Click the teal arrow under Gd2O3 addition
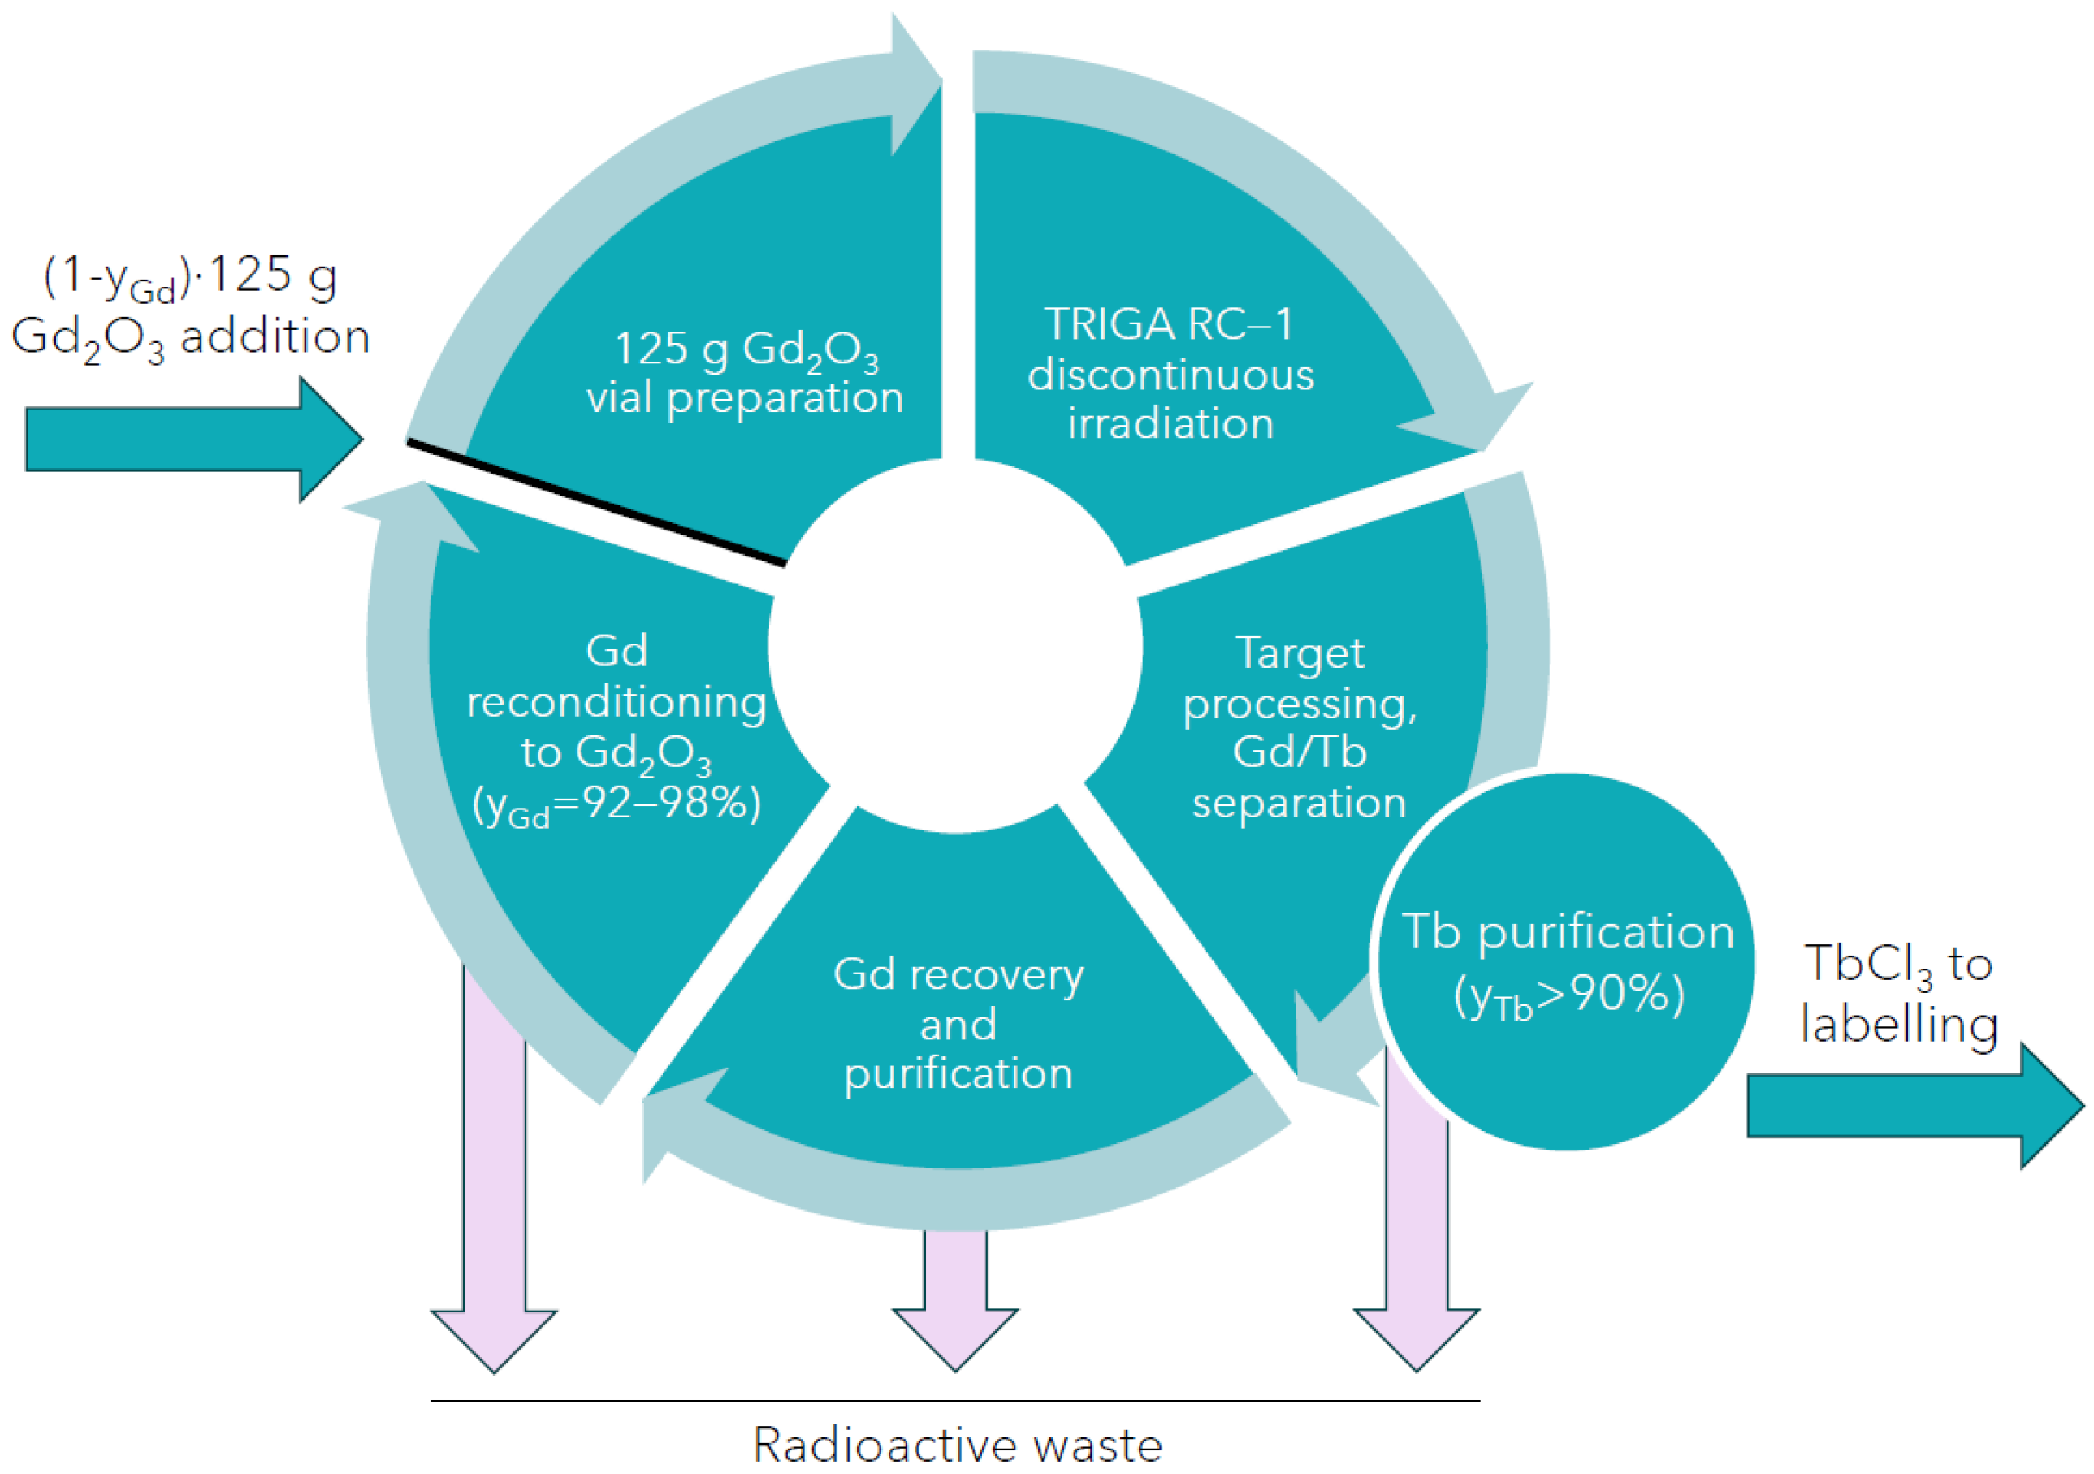[x=194, y=440]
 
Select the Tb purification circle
[x=1566, y=961]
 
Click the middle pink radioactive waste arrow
[x=956, y=1300]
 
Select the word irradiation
[x=1171, y=423]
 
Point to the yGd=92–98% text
[x=617, y=805]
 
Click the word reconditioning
[x=617, y=703]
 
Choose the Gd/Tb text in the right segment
[x=1300, y=752]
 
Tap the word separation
[x=1299, y=804]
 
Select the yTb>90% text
[x=1568, y=995]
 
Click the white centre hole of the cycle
[x=955, y=646]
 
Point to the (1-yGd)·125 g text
[x=191, y=276]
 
